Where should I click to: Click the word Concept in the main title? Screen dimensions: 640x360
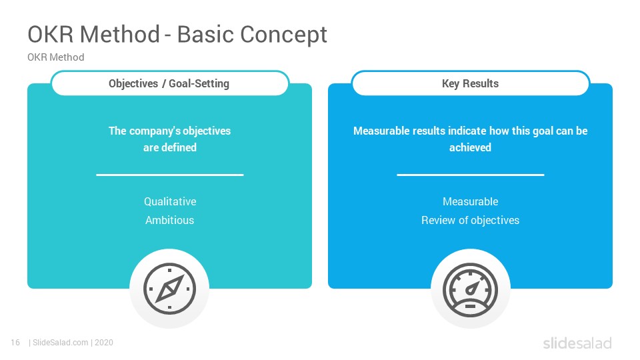tap(284, 34)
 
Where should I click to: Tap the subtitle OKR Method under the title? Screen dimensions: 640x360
tap(56, 57)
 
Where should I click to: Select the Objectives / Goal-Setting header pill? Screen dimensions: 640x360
tap(170, 83)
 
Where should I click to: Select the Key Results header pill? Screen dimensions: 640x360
tap(470, 83)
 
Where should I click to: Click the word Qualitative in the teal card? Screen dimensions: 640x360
tap(170, 201)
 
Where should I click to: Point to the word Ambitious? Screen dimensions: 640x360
tap(170, 220)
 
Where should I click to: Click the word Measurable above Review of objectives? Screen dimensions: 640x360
tap(470, 201)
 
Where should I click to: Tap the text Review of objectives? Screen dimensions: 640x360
tap(470, 220)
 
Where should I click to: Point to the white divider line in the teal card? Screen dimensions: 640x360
tap(170, 175)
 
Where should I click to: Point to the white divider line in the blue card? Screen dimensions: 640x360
tap(470, 175)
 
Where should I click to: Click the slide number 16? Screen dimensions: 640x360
tap(15, 343)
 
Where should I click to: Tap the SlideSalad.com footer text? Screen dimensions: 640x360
tap(61, 343)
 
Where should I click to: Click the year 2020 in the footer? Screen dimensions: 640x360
tap(104, 343)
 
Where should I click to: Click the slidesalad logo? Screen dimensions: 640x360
tap(577, 343)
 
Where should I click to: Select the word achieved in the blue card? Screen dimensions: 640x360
tap(470, 147)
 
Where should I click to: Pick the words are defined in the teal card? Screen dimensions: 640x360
tap(170, 147)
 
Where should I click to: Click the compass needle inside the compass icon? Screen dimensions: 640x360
tap(170, 289)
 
